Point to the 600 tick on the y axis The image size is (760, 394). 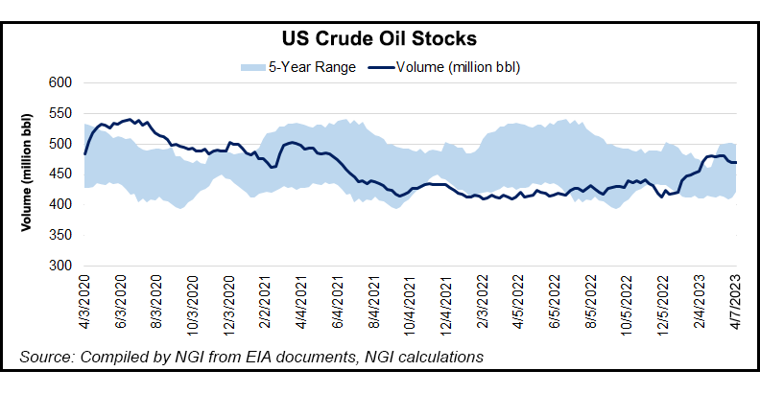[61, 83]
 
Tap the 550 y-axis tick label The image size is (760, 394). [61, 114]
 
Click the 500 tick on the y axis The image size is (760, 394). [61, 144]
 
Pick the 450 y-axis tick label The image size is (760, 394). [61, 174]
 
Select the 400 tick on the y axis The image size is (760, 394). [61, 205]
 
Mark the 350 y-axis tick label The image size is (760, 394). [61, 235]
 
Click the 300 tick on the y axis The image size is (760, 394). [61, 266]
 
